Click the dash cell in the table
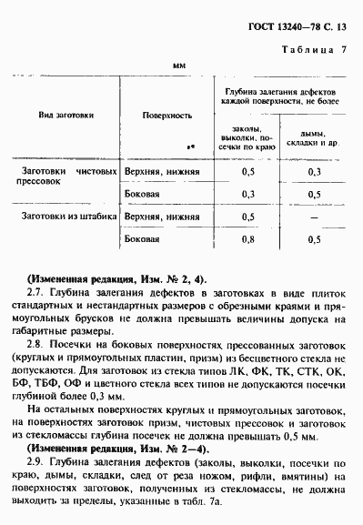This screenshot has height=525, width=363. click(314, 217)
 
